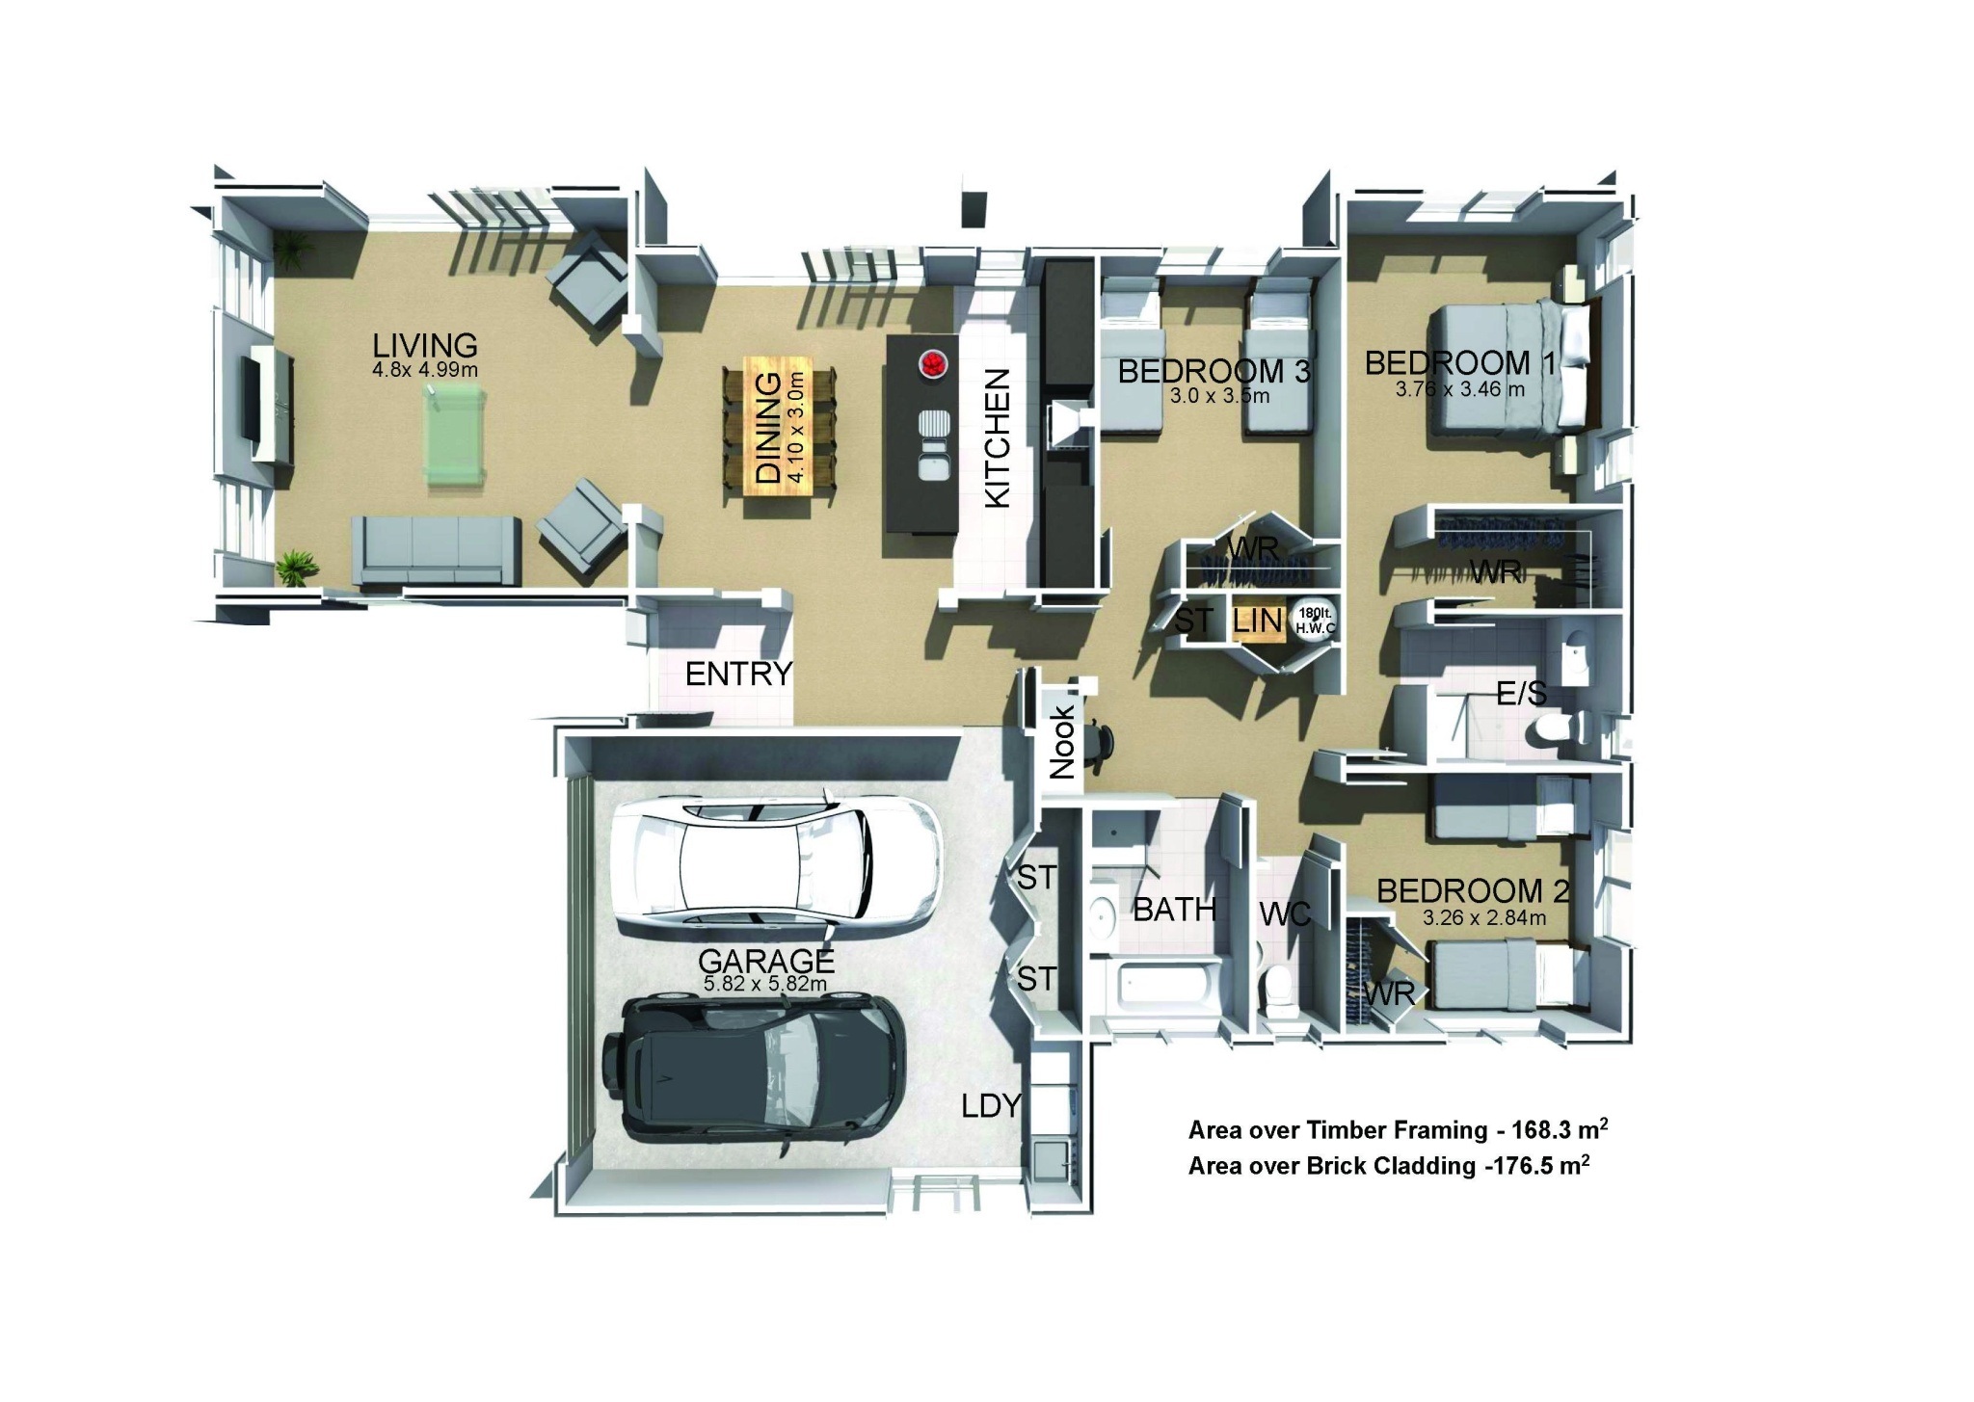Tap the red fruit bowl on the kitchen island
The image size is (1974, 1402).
(933, 364)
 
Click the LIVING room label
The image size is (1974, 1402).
(425, 345)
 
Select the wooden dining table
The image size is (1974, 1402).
(780, 427)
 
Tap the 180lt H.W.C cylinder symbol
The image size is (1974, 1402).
(1311, 621)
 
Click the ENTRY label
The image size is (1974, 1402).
(738, 675)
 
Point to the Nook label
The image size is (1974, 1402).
(1061, 742)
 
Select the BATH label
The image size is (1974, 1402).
(1174, 909)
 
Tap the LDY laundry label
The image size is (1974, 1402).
(991, 1105)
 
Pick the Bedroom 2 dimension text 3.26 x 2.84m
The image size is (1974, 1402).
(1484, 918)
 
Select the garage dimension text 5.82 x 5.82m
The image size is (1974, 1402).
(765, 984)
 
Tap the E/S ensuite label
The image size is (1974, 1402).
(1521, 693)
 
